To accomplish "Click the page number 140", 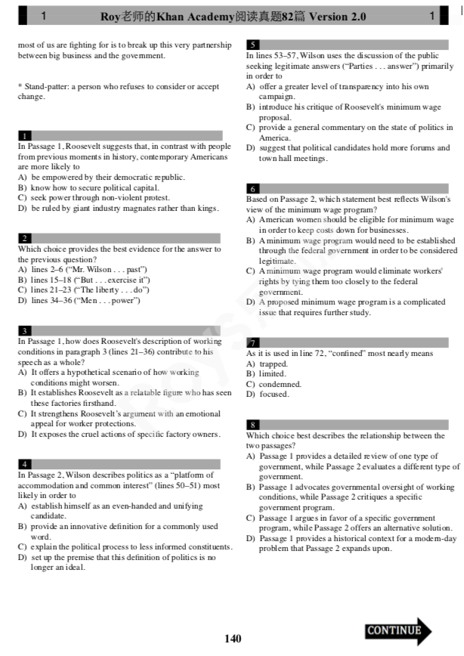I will coord(233,639).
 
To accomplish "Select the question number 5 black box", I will coord(254,45).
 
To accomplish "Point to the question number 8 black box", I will coord(254,425).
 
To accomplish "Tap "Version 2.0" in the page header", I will coord(338,16).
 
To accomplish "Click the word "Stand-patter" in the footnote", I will coord(47,87).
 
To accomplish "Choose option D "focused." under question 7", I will coord(274,394).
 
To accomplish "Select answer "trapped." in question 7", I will coord(273,364).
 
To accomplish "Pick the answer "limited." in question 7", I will coord(272,373).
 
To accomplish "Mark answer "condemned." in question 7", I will coord(280,384).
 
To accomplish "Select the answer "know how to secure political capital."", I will coord(94,187).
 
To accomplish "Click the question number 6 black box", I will coord(254,188).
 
